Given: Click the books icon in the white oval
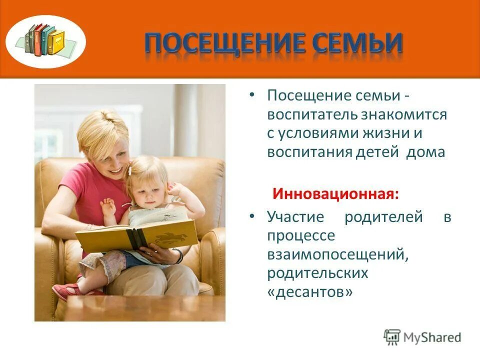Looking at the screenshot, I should (46, 40).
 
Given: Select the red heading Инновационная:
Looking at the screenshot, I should (335, 193).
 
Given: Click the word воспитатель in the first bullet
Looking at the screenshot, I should (311, 114).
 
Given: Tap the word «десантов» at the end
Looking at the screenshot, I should (310, 292).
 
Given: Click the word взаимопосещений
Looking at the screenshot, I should (335, 254).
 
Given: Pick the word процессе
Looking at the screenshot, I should (300, 235).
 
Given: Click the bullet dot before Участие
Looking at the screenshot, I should (253, 217).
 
